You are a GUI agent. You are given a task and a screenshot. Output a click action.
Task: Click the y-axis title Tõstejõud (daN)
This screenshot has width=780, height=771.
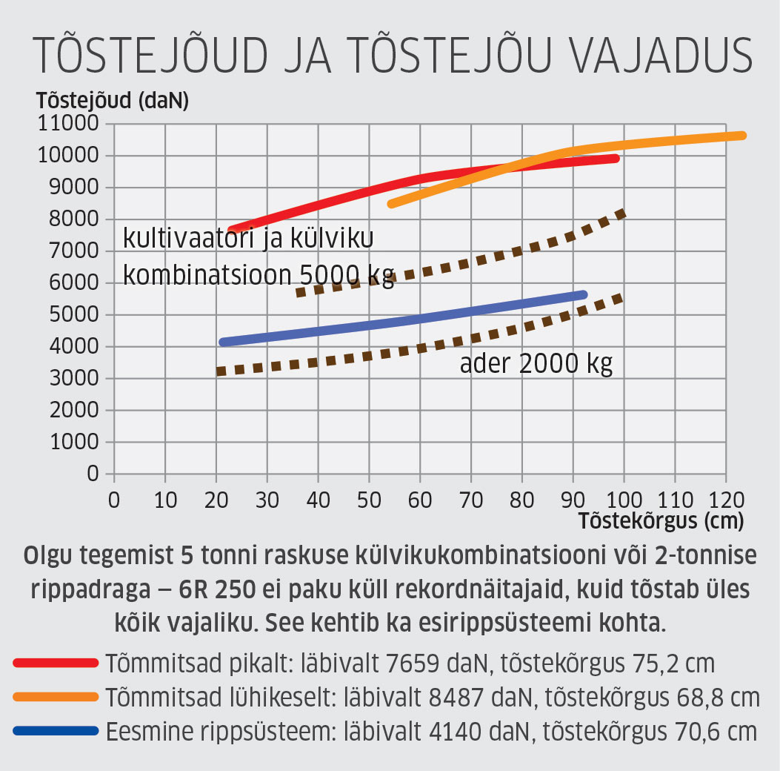(113, 101)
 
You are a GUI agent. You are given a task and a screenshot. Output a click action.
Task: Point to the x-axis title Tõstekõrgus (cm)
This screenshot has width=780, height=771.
(661, 520)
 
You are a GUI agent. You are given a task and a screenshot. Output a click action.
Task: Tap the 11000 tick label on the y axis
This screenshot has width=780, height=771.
(66, 123)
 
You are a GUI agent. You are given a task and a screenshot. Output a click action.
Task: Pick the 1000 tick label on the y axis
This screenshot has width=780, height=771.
(72, 442)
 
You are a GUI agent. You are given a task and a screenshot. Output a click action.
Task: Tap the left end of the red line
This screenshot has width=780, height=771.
(232, 231)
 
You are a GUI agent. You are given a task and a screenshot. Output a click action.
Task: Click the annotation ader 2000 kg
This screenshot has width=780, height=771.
(536, 365)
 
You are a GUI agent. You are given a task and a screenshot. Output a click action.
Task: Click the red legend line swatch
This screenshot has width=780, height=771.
(56, 663)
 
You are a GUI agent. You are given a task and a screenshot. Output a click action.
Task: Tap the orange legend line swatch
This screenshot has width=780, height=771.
(56, 697)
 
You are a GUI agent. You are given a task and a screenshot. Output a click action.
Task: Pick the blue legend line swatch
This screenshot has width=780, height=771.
(56, 731)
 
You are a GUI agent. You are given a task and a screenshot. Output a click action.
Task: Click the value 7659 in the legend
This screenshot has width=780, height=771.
(413, 663)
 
